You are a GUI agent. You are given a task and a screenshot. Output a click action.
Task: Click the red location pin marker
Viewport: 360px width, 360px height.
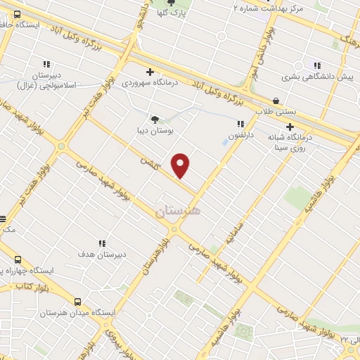click(181, 165)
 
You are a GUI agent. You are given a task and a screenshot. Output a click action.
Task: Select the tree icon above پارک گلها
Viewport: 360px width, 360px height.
click(171, 3)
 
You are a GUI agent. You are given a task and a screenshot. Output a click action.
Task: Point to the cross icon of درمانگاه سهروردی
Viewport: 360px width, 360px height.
click(150, 71)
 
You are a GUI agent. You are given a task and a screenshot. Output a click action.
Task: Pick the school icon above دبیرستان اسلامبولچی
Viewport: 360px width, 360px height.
click(47, 64)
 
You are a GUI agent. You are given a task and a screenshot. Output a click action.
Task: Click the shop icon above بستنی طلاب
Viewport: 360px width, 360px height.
click(276, 101)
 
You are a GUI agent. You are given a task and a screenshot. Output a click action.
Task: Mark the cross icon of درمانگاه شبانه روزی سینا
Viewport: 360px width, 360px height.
click(289, 127)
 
